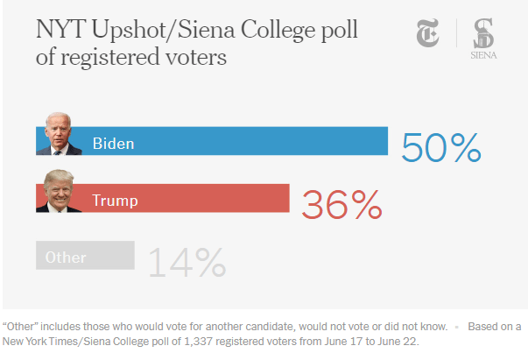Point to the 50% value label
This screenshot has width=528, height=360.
click(x=441, y=146)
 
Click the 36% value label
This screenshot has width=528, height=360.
click(x=341, y=204)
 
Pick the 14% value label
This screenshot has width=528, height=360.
click(x=186, y=262)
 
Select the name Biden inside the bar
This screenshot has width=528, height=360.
click(x=113, y=142)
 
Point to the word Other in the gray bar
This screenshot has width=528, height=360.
click(x=66, y=258)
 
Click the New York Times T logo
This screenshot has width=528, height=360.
click(x=429, y=36)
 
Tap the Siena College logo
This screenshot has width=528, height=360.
click(x=482, y=40)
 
